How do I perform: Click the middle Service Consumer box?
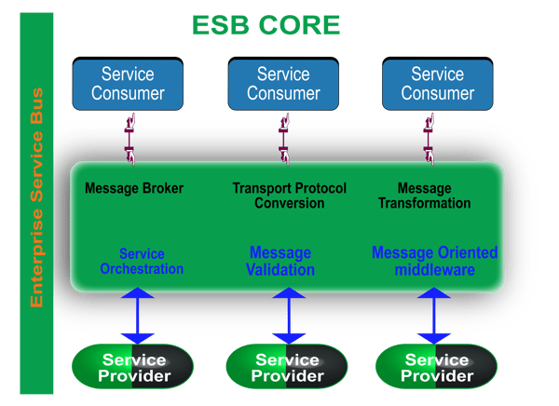(283, 83)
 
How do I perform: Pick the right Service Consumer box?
(437, 83)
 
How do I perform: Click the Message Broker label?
(134, 188)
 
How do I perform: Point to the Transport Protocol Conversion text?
(289, 196)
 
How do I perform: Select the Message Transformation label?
(424, 196)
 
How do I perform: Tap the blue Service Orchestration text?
(142, 262)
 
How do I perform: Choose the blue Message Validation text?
(280, 262)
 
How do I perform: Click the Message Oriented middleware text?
(434, 262)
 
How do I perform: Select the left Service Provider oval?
(134, 368)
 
